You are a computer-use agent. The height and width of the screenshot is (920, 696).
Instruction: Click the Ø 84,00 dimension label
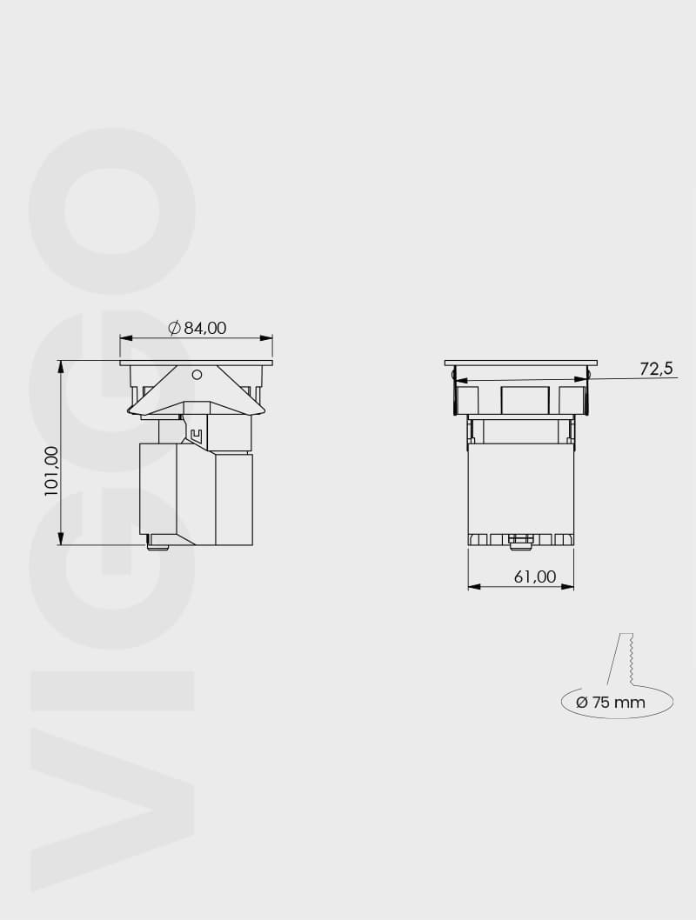coord(197,328)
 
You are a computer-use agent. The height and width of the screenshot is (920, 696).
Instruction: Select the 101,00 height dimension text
coord(52,471)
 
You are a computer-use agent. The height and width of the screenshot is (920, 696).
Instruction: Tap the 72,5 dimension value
coord(657,369)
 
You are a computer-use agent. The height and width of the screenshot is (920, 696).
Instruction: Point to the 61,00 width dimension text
coord(535,577)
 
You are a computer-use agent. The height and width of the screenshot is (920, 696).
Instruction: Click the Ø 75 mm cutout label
coord(611,702)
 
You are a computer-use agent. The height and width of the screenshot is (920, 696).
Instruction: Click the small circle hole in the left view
coord(197,374)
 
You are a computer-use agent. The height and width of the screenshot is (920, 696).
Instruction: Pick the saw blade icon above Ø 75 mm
coord(622,659)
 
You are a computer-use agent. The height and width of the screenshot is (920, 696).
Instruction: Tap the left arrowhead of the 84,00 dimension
coord(125,338)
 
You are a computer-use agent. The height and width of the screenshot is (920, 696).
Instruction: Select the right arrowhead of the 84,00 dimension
coord(267,338)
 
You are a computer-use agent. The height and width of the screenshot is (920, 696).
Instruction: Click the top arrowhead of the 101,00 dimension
coord(60,367)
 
